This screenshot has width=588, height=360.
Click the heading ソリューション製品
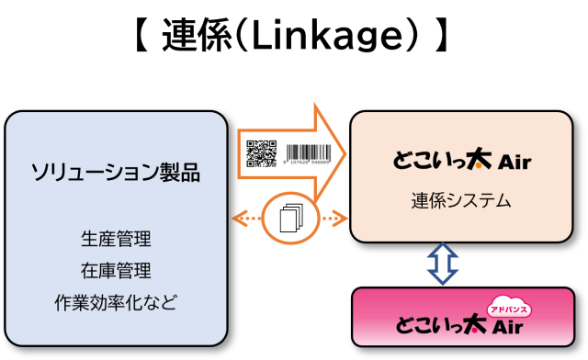pos(116,172)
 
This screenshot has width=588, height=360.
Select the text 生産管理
pos(116,240)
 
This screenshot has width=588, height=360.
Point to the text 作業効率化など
pos(116,301)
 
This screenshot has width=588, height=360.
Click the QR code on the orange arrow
pos(262,153)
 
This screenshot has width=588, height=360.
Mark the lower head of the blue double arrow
pos(443,277)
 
